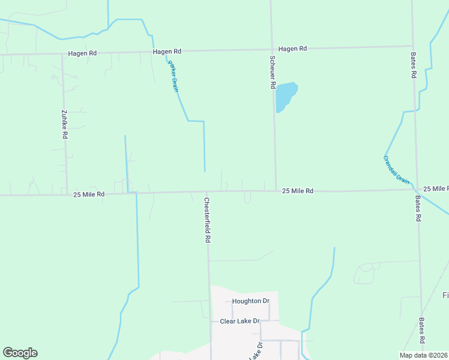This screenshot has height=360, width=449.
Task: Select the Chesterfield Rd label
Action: [x=208, y=220]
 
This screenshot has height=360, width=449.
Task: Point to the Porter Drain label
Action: [x=173, y=76]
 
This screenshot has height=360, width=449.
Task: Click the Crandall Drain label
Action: [x=396, y=170]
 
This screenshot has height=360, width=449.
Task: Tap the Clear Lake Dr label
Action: [x=239, y=321]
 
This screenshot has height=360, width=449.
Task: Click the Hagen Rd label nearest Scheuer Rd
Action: [x=293, y=49]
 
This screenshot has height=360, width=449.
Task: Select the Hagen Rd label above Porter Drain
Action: [x=167, y=52]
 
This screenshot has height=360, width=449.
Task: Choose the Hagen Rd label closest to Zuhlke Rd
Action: [x=82, y=53]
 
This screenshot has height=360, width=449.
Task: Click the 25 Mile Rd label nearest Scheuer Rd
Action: [x=298, y=191]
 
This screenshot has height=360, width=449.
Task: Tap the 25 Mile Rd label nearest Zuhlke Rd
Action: [x=89, y=194]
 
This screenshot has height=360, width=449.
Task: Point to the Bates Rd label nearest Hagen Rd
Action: [x=414, y=65]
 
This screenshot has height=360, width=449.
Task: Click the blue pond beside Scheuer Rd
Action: [x=286, y=95]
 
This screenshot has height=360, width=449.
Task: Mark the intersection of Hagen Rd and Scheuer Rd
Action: [x=271, y=49]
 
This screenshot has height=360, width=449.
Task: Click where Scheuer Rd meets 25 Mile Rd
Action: [x=276, y=191]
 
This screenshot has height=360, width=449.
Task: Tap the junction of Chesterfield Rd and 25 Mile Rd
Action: [x=207, y=193]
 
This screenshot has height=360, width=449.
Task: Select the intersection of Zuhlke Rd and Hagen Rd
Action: [x=62, y=54]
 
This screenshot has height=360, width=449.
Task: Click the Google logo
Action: [x=20, y=353]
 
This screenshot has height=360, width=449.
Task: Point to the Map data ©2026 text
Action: [x=423, y=355]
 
